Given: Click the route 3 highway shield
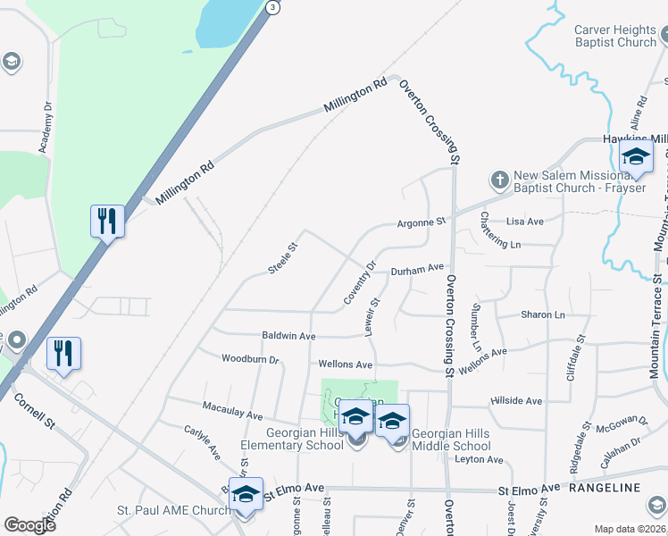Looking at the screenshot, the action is click(273, 7).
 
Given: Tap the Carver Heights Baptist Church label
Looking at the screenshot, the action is click(615, 36).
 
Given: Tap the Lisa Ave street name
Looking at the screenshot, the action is click(524, 221).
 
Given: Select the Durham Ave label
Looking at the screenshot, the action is click(417, 268).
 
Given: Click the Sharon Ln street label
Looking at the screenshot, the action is click(543, 315).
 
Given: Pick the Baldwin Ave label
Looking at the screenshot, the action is click(288, 336).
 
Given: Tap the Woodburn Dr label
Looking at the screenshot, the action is click(250, 360).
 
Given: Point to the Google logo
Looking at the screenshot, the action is click(29, 524).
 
